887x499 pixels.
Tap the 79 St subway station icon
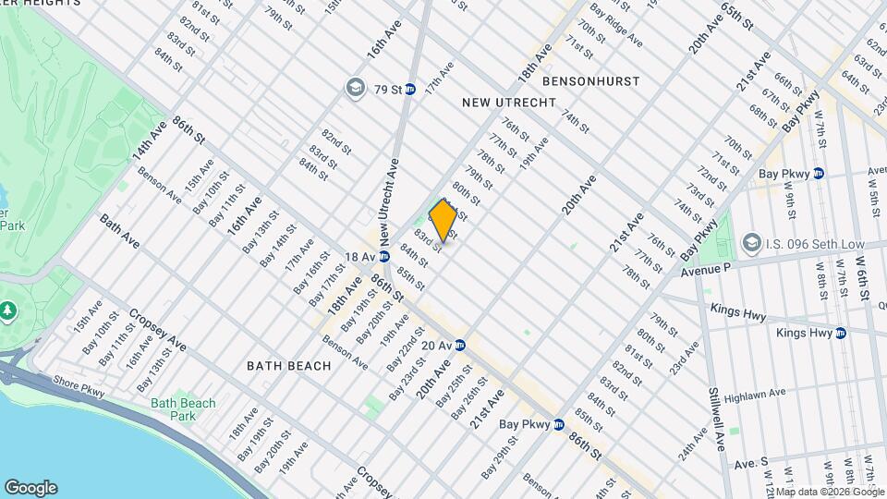tap(410, 90)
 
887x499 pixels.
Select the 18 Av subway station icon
tap(379, 257)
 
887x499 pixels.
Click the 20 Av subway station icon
tap(459, 346)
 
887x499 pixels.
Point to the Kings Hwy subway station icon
tap(841, 333)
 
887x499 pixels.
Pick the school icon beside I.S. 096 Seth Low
tap(750, 244)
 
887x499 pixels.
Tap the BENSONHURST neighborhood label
tap(591, 81)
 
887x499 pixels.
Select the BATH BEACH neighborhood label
tap(289, 366)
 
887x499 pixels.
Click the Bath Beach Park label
tap(183, 408)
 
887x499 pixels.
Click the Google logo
tap(30, 487)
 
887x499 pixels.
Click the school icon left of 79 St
tap(353, 89)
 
